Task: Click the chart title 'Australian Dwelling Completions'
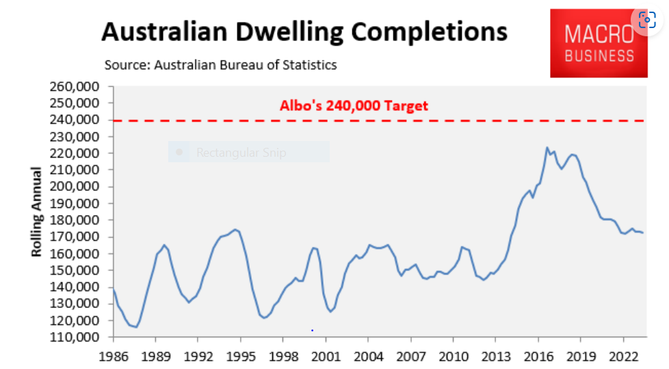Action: (304, 32)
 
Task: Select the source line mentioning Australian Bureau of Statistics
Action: (220, 65)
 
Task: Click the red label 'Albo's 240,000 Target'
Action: (354, 105)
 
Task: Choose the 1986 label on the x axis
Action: (113, 357)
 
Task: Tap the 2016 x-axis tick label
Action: (538, 357)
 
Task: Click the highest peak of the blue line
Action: (547, 147)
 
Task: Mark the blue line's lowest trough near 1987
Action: (135, 327)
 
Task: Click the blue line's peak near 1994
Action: (235, 229)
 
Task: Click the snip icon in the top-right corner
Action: (646, 20)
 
